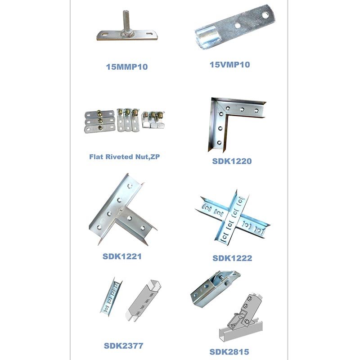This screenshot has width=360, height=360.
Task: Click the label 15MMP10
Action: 127,67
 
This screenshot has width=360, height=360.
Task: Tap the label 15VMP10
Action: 229,64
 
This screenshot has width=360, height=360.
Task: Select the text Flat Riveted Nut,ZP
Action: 125,157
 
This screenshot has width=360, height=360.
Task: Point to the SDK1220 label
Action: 232,161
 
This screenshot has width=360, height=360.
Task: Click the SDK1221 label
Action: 122,256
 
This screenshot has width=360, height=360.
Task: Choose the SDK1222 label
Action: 232,258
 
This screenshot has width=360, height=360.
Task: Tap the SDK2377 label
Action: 123,346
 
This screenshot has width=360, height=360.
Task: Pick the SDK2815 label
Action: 229,352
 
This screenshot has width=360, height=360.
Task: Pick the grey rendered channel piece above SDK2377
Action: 144,300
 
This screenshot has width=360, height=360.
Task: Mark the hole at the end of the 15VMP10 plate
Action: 265,15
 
